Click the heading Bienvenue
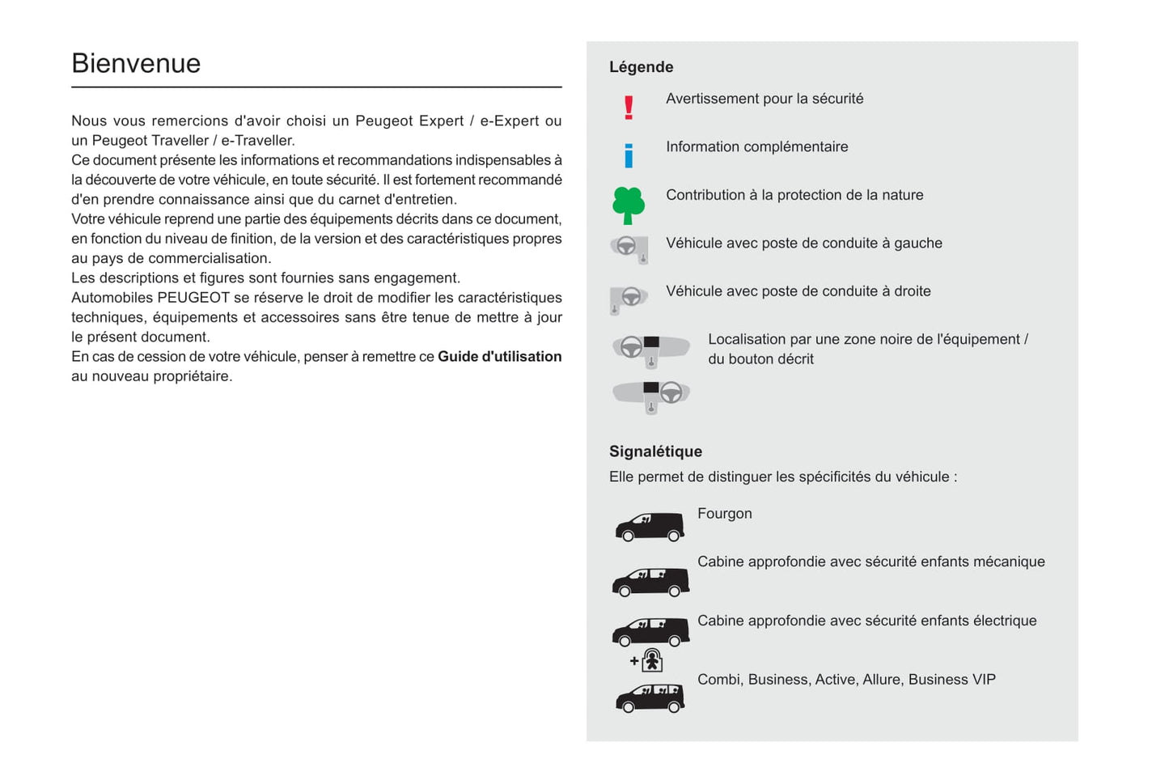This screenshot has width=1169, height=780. pyautogui.click(x=136, y=64)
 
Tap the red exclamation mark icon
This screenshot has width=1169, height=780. pyautogui.click(x=629, y=108)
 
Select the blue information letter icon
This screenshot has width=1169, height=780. pyautogui.click(x=629, y=155)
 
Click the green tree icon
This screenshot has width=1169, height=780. pyautogui.click(x=629, y=205)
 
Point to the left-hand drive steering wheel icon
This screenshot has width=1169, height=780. pyautogui.click(x=629, y=248)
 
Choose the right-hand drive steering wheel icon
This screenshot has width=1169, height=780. pyautogui.click(x=629, y=299)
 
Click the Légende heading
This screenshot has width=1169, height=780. pyautogui.click(x=641, y=67)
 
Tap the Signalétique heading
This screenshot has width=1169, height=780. pyautogui.click(x=655, y=451)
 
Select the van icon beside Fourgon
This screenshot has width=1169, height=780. pyautogui.click(x=650, y=527)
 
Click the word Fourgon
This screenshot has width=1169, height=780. pyautogui.click(x=724, y=514)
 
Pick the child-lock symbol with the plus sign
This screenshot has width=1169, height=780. pyautogui.click(x=647, y=661)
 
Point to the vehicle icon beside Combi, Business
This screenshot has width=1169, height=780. pyautogui.click(x=650, y=697)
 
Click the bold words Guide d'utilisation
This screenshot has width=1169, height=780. pyautogui.click(x=499, y=357)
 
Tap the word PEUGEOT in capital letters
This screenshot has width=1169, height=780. pyautogui.click(x=193, y=298)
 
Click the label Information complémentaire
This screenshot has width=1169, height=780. pyautogui.click(x=756, y=146)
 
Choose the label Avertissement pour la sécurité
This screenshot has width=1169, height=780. pyautogui.click(x=765, y=99)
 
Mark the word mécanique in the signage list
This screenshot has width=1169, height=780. pyautogui.click(x=1009, y=562)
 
